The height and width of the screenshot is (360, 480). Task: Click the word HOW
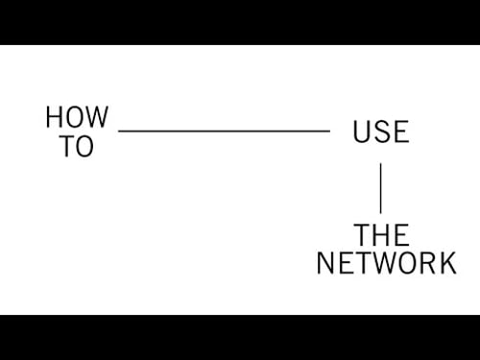click(x=77, y=118)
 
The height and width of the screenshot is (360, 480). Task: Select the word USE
click(x=380, y=132)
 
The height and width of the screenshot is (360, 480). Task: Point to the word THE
click(x=381, y=234)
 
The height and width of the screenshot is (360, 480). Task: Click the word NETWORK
click(x=386, y=262)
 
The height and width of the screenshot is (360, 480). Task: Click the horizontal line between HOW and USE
click(x=224, y=131)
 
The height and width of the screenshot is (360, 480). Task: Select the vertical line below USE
click(x=380, y=187)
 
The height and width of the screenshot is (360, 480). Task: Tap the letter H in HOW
click(x=55, y=118)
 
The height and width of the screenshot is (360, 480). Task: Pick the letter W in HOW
click(x=97, y=118)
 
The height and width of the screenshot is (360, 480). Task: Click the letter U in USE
click(x=362, y=132)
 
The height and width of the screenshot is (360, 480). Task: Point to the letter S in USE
click(x=381, y=132)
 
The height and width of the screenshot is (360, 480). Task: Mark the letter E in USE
click(x=400, y=132)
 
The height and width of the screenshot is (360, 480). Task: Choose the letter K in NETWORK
click(x=446, y=262)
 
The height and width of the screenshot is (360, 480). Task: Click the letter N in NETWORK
click(x=326, y=262)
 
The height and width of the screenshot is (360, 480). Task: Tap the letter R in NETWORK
click(x=426, y=262)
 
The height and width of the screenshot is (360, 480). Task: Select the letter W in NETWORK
click(x=380, y=262)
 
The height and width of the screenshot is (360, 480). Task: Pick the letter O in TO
click(x=85, y=147)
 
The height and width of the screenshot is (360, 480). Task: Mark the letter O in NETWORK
click(x=404, y=262)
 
